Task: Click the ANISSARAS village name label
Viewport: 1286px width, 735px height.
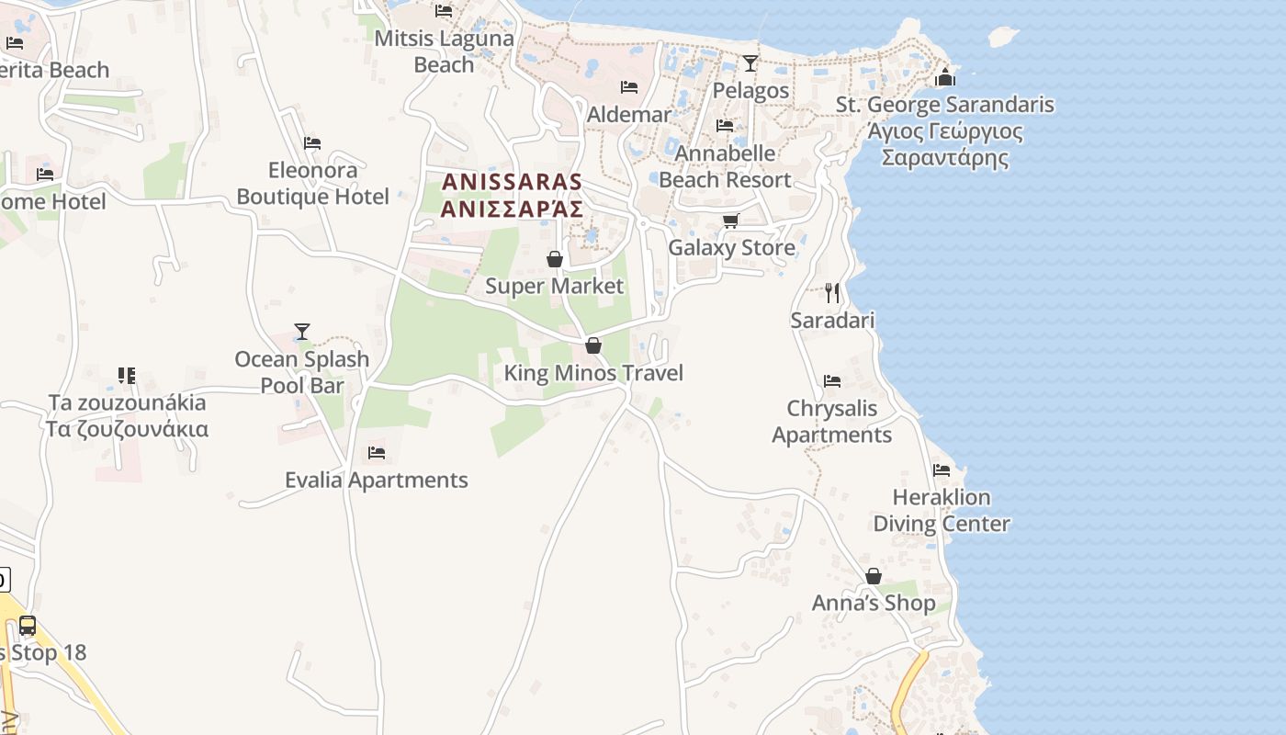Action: [512, 182]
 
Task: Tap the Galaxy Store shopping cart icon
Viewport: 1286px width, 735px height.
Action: [731, 220]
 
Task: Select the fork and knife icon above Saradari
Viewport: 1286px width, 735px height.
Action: [832, 293]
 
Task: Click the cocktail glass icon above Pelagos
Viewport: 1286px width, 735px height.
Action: [750, 63]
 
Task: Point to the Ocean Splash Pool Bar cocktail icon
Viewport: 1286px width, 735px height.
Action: [302, 332]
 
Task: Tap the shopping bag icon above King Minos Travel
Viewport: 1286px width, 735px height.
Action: [593, 346]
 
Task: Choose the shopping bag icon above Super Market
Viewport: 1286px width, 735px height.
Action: [555, 260]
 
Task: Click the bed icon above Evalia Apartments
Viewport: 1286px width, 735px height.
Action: [376, 453]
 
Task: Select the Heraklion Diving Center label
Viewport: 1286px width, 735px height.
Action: [942, 511]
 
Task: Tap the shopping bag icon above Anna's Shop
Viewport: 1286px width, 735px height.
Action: [874, 577]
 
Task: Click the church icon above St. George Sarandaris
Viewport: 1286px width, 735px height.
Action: [945, 77]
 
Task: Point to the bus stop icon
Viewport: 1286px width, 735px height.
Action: [28, 626]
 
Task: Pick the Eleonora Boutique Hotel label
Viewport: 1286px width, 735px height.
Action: [313, 184]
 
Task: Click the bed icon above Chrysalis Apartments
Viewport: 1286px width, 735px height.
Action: [832, 381]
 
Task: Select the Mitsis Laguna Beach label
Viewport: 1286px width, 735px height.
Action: [445, 51]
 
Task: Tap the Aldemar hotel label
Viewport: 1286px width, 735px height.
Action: [629, 115]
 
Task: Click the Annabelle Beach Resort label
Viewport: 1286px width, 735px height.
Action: [725, 166]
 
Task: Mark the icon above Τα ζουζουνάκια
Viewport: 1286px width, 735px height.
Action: [127, 376]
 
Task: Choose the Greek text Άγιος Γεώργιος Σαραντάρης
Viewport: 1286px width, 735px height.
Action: [945, 144]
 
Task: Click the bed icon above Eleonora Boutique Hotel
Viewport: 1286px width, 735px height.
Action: [312, 143]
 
